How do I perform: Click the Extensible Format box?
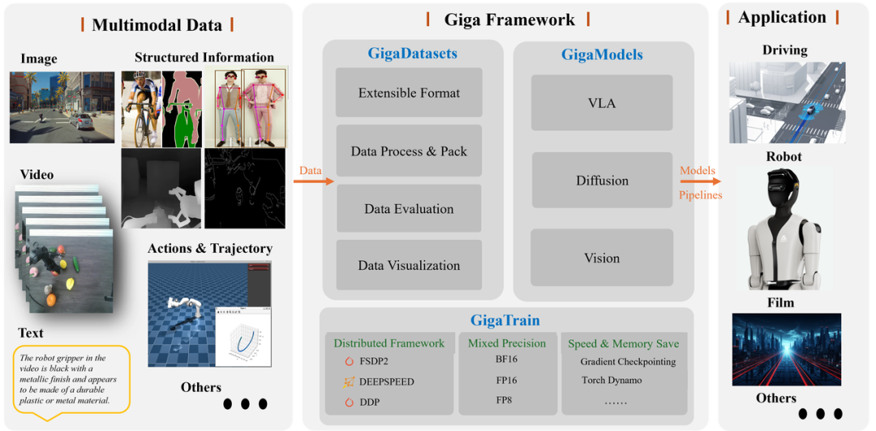point(409,93)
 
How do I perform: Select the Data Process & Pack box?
point(409,151)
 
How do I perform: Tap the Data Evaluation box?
point(409,209)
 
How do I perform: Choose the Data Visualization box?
point(409,265)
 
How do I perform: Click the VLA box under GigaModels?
point(602,103)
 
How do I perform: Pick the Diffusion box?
point(602,181)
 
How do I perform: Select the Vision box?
point(602,258)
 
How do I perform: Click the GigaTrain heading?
point(505,320)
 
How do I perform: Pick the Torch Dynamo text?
point(612,380)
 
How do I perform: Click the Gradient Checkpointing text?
point(628,361)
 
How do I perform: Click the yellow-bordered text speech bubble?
point(72,379)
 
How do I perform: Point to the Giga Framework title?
point(509,20)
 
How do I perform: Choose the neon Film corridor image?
point(786,349)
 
